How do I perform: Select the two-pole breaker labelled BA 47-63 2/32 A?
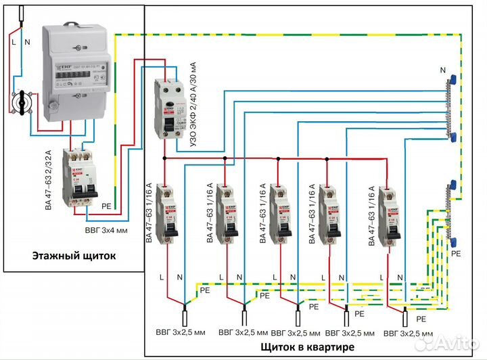click(78, 177)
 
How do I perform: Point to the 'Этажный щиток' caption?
click(74, 256)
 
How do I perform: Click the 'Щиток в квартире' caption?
click(307, 347)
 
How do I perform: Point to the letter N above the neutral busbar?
click(442, 70)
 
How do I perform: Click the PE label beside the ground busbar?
click(455, 253)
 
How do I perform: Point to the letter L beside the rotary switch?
click(14, 42)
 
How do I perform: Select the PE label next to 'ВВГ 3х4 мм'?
click(106, 205)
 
